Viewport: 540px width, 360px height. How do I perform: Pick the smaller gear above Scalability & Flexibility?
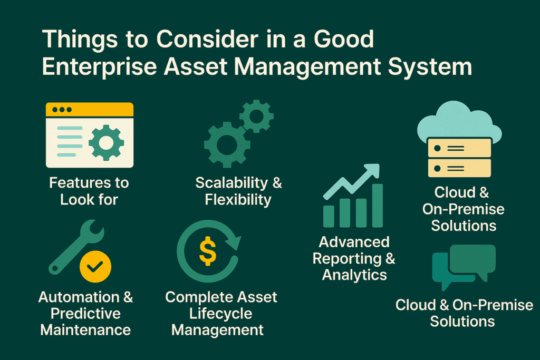click(x=256, y=116)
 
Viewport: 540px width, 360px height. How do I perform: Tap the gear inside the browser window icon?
click(x=107, y=142)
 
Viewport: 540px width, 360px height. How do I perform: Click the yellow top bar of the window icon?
click(x=90, y=110)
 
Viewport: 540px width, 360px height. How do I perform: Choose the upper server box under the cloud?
click(x=458, y=148)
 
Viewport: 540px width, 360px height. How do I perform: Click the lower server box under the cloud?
click(x=458, y=168)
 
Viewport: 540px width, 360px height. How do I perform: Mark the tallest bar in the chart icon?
click(x=377, y=206)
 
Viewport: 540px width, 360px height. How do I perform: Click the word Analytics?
click(x=354, y=275)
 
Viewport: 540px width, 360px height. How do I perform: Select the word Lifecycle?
click(x=221, y=314)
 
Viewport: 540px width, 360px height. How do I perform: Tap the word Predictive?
click(x=85, y=314)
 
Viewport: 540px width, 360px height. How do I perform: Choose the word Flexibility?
click(x=238, y=200)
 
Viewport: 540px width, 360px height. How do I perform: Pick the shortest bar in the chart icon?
click(x=329, y=216)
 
